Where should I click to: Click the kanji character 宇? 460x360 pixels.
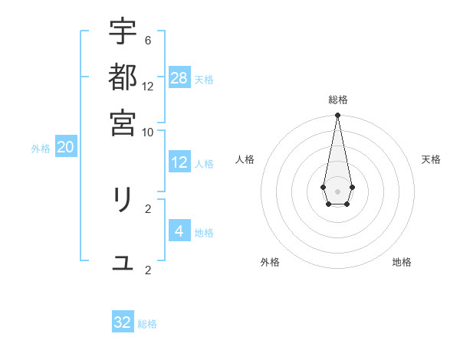[123, 32]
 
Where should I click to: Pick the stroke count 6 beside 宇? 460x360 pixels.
[148, 41]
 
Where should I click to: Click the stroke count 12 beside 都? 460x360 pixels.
[148, 86]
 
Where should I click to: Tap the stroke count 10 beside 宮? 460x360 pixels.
[148, 131]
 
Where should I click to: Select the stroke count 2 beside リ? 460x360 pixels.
[148, 208]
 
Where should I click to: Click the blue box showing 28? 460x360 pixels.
[179, 78]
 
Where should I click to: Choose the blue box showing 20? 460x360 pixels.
[65, 148]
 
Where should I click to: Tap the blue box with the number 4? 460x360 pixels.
[179, 231]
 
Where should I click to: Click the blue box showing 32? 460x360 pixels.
[123, 322]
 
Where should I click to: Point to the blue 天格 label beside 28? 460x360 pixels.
[204, 80]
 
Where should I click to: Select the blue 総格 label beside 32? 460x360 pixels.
[147, 324]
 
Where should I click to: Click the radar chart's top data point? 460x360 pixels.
[337, 116]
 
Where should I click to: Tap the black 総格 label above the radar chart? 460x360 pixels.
[337, 100]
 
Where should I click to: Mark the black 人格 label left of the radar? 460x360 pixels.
[245, 159]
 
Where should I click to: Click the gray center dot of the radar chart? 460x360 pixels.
[337, 190]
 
